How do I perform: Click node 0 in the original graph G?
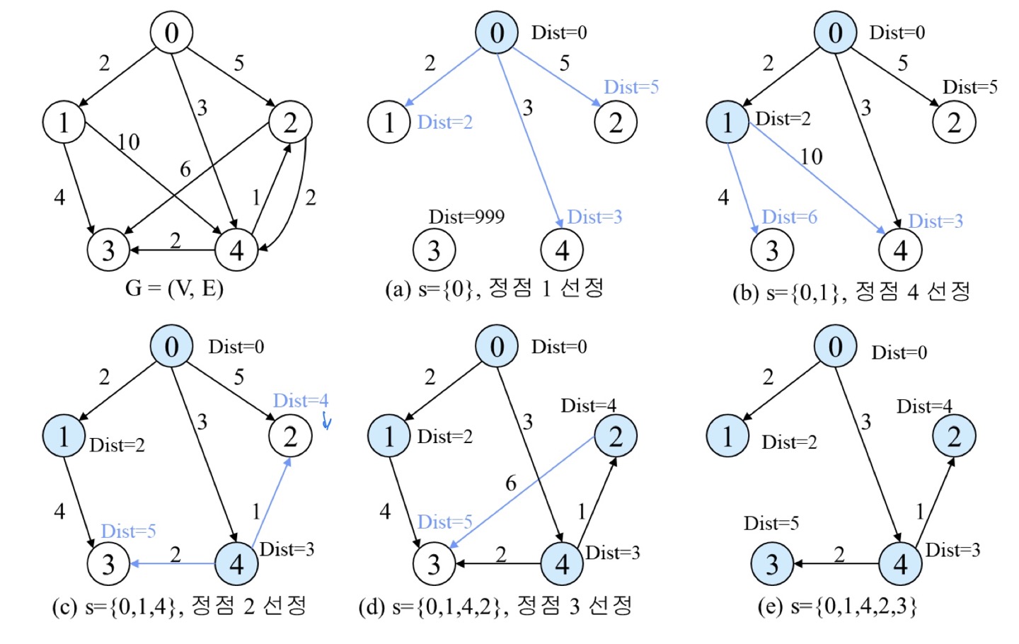(x=172, y=33)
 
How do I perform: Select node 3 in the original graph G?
(x=108, y=250)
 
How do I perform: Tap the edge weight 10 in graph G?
(x=128, y=142)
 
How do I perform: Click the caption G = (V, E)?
(x=174, y=288)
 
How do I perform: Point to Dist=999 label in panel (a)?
(x=466, y=217)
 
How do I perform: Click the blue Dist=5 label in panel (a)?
(x=631, y=87)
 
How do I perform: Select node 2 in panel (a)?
(x=616, y=122)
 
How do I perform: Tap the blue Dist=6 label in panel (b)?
(x=789, y=217)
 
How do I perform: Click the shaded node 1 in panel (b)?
(x=727, y=122)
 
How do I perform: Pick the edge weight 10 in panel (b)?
(x=811, y=156)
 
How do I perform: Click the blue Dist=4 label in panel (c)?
(x=301, y=401)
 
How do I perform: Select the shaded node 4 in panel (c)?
(x=236, y=564)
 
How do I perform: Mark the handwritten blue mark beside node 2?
(x=326, y=421)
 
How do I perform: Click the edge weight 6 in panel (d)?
(x=511, y=483)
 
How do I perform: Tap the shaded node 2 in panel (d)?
(x=616, y=437)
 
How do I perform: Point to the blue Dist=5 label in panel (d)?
(x=444, y=522)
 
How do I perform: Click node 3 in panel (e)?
(x=772, y=564)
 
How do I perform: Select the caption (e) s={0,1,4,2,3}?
(x=837, y=606)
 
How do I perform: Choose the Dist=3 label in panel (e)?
(x=952, y=550)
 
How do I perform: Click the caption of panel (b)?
(x=851, y=292)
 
